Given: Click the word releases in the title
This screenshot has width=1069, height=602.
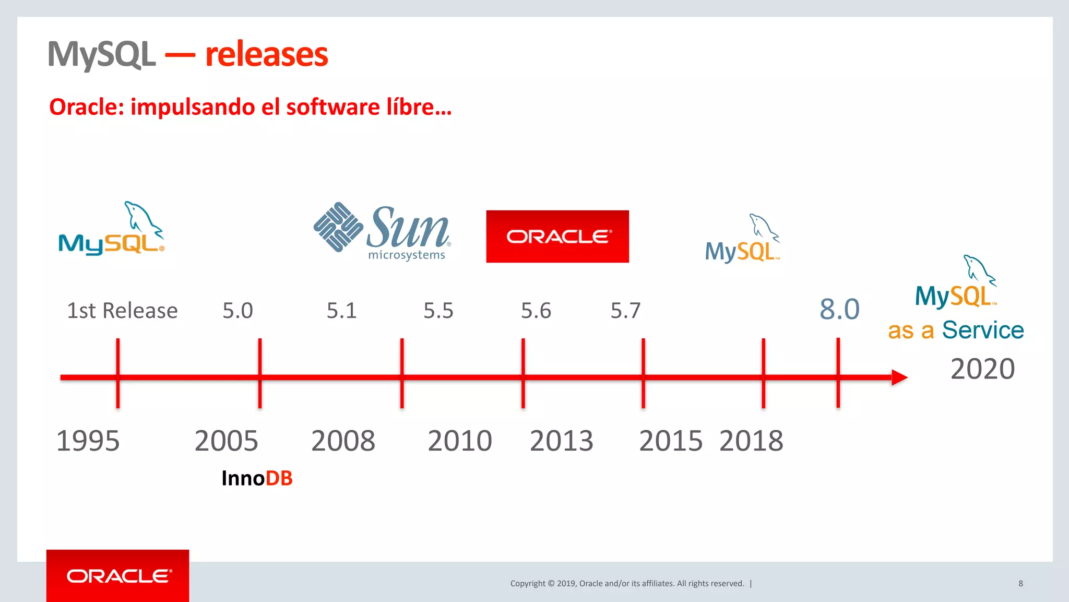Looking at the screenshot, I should coord(266,54).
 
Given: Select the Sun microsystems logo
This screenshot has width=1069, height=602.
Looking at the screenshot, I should coord(382,230).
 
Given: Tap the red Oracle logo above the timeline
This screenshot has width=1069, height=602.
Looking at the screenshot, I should coord(557,237).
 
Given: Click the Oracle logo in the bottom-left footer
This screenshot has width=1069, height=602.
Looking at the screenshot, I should coord(118,576).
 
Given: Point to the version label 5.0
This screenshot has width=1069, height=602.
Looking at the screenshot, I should coord(237,311).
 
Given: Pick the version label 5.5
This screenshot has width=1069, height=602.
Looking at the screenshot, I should coord(438,311).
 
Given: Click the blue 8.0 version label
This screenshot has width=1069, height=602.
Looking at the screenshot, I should coord(839,309).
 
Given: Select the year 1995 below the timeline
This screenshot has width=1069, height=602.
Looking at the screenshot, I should coord(88,441).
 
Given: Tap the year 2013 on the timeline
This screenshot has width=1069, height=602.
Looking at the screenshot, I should coord(561,441).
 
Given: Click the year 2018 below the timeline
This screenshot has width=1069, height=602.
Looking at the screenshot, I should coord(751,441).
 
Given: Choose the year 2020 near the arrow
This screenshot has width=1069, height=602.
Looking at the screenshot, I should coord(982,369).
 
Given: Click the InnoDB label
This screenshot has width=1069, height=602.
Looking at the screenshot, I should coord(257,478).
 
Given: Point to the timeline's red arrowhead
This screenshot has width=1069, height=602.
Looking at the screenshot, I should coord(899,377).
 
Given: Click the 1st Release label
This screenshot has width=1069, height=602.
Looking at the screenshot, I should coord(122,311).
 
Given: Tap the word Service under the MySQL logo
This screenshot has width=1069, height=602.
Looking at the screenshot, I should coord(982,330).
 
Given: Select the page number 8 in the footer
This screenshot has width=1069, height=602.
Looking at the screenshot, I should coord(1020,583).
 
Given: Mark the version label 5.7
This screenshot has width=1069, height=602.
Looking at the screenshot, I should coord(625,311).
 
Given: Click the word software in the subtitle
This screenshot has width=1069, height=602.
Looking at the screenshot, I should coord(332,107).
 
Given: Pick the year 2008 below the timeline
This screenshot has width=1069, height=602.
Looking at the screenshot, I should coord(343,441).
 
